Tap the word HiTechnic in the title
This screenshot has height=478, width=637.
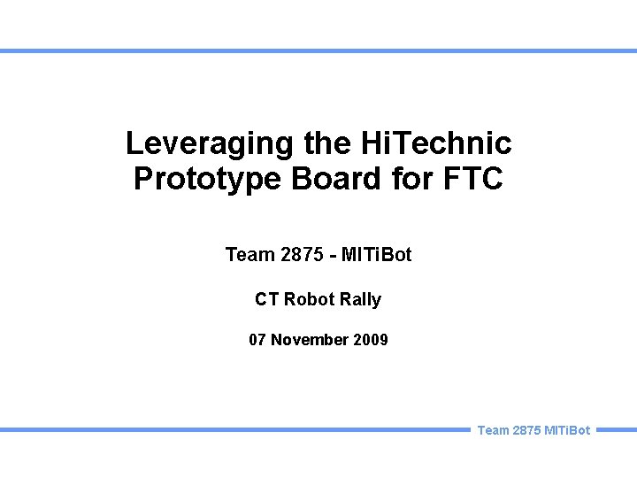(x=436, y=143)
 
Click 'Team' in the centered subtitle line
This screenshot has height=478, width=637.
(x=249, y=255)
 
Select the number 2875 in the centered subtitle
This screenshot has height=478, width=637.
(x=301, y=255)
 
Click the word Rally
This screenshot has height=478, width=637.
(x=361, y=300)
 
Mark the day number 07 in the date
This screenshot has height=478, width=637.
(x=258, y=339)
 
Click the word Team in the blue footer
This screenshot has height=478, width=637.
(x=493, y=430)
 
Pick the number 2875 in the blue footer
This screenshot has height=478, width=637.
(x=528, y=430)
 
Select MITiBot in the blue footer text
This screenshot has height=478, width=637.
(x=568, y=430)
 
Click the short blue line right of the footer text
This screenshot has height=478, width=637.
(x=617, y=430)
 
